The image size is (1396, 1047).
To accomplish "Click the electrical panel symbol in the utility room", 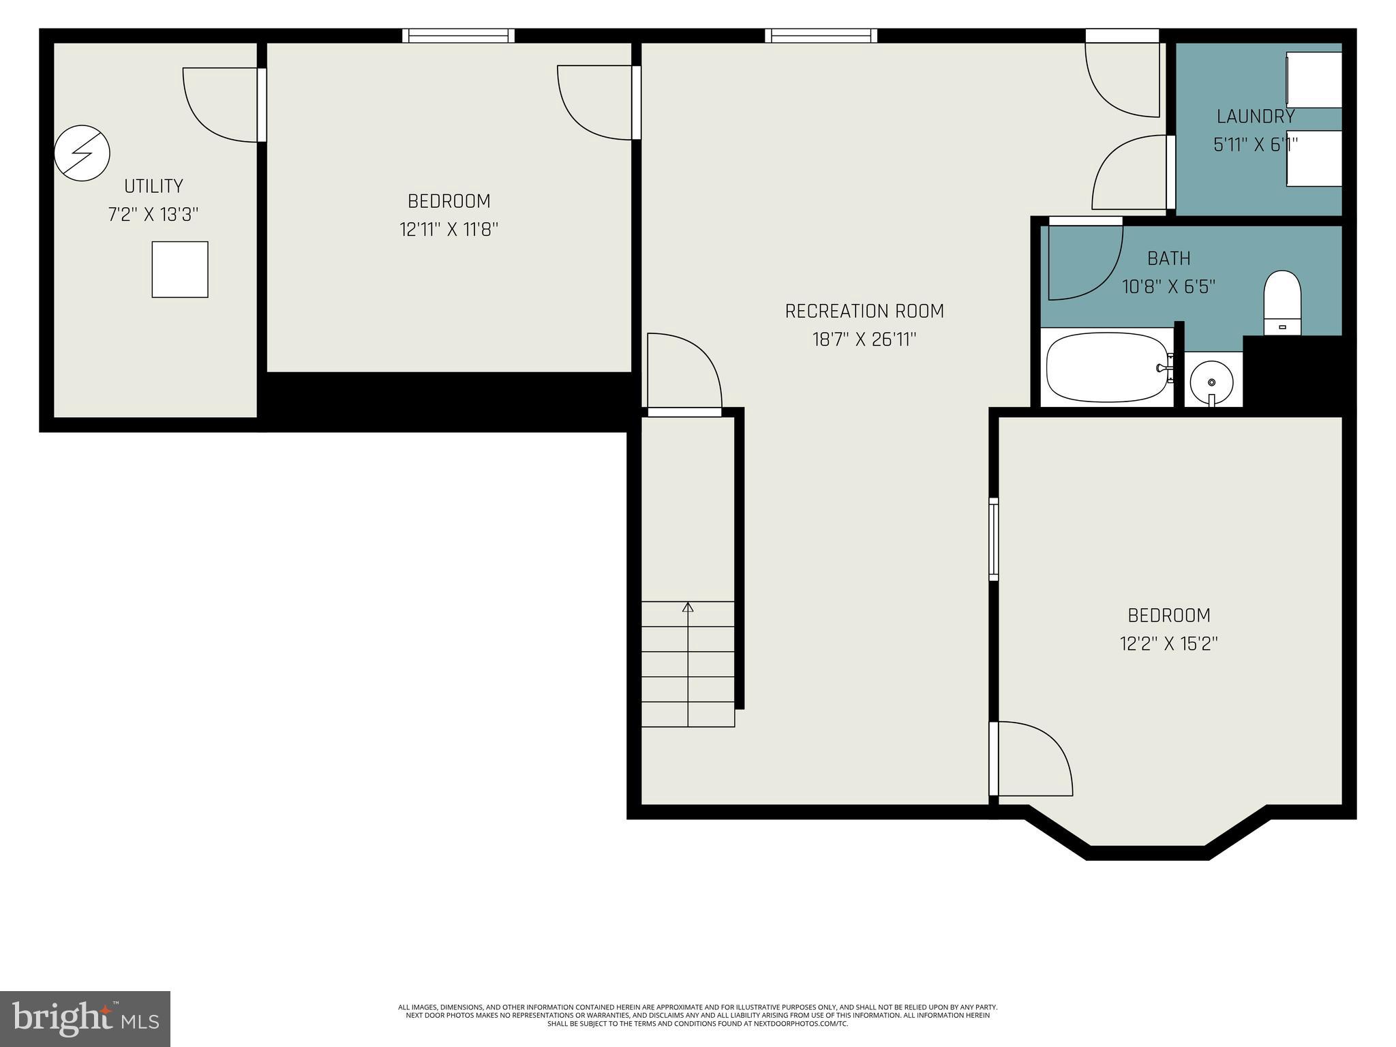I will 82,153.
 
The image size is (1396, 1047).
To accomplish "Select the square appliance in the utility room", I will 180,269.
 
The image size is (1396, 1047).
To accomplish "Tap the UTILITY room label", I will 153,186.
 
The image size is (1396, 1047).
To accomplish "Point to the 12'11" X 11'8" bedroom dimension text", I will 449,230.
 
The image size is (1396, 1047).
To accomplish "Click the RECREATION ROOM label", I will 864,312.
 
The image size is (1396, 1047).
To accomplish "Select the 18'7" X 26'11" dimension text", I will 864,339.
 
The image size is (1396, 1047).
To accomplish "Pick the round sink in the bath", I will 1211,383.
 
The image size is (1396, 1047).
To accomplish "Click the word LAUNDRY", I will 1256,117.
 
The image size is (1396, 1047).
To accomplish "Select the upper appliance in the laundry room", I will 1314,79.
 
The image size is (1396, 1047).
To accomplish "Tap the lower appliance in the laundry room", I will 1314,158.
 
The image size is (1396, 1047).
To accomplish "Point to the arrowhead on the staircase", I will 688,607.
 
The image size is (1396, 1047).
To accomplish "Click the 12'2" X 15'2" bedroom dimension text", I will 1168,644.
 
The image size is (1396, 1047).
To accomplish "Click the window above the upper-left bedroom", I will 458,35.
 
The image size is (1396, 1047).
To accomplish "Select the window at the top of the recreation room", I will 821,35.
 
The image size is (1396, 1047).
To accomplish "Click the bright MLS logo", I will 85,1018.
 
